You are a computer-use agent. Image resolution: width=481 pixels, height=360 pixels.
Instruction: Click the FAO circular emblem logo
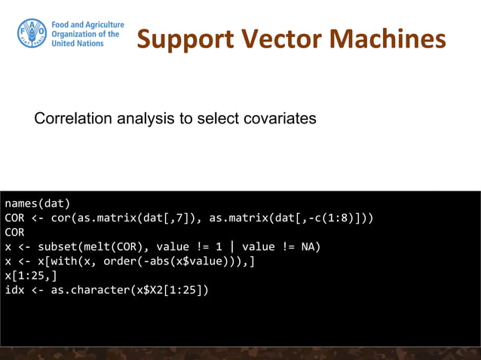click(31, 34)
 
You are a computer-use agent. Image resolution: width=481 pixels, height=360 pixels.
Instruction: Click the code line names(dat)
click(37, 203)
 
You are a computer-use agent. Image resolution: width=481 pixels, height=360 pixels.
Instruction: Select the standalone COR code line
click(14, 232)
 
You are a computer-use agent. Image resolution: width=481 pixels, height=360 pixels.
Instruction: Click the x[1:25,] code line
click(27, 275)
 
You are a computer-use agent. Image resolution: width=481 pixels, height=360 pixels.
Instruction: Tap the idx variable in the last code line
click(14, 289)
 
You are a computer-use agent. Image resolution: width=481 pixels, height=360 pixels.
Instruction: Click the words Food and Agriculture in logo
click(87, 25)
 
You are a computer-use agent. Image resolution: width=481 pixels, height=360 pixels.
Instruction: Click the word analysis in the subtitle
click(139, 119)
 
